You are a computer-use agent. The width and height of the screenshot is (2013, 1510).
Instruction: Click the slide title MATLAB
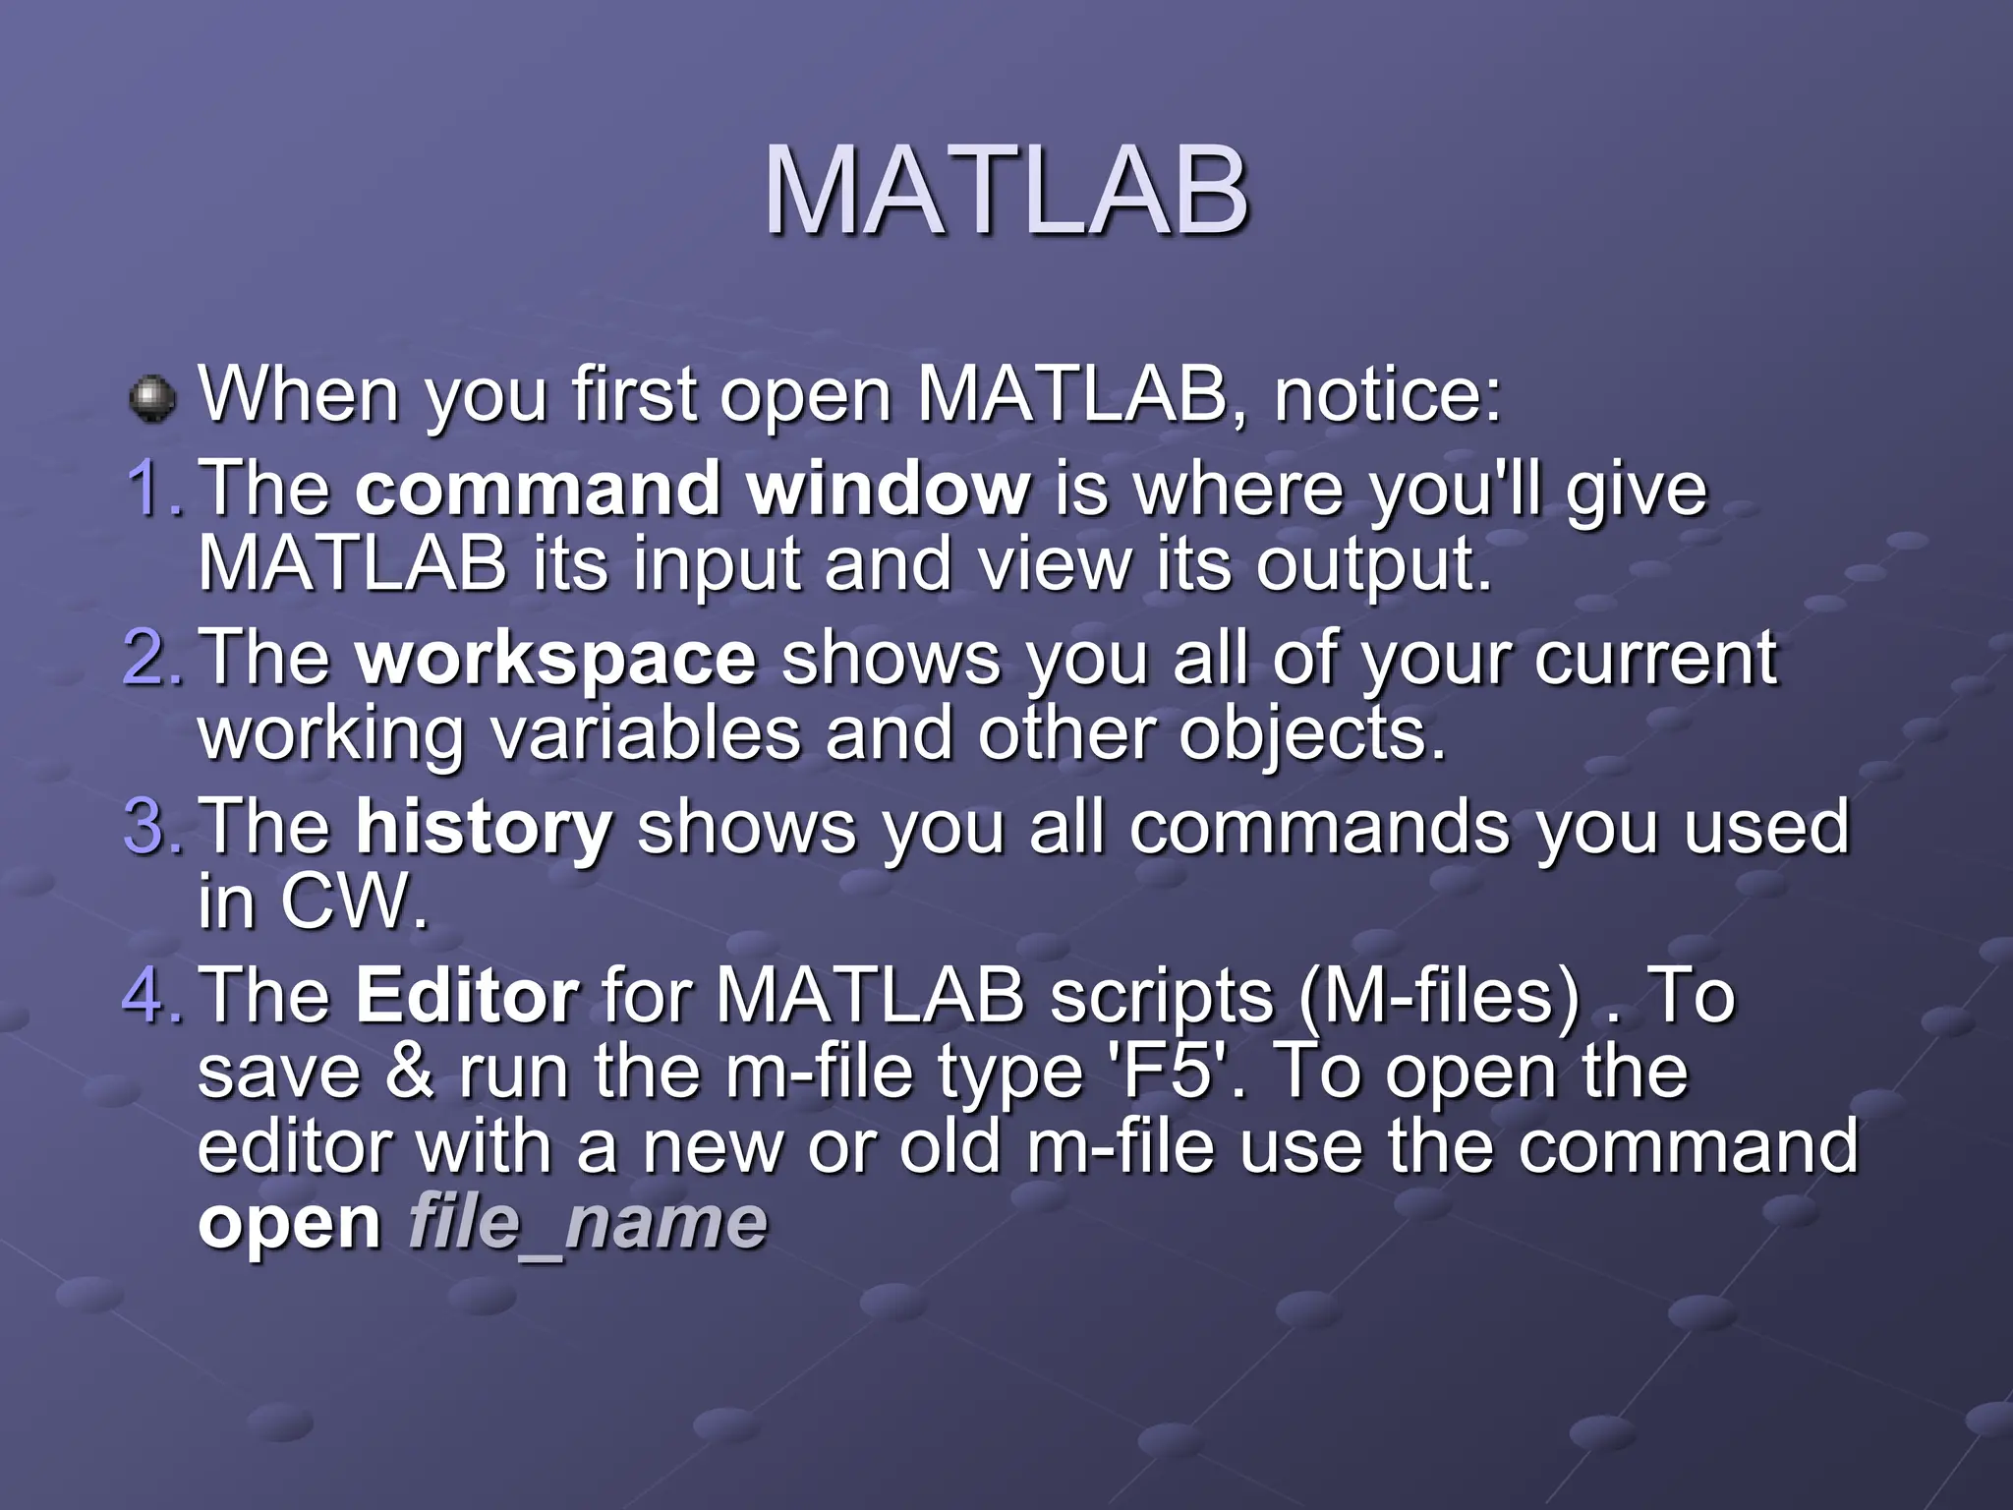[1006, 192]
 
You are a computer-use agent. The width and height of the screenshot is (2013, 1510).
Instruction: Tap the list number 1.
[152, 489]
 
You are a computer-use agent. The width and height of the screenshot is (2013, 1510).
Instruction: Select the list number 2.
[152, 658]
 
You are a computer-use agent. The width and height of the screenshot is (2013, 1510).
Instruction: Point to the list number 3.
[152, 827]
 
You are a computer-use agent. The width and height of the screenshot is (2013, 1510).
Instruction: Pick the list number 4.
[152, 995]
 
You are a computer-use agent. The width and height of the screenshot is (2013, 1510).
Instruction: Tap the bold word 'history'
[484, 829]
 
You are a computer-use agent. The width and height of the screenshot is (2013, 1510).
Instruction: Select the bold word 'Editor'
[467, 996]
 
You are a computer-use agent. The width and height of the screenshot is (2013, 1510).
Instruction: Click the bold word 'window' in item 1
[889, 489]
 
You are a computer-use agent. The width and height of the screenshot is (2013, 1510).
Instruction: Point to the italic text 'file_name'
[587, 1224]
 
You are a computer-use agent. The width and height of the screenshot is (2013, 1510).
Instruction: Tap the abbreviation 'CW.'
[355, 901]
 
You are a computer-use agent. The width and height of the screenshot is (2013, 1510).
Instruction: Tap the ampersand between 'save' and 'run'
[409, 1072]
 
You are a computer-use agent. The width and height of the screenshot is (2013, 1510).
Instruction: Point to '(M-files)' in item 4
[1438, 997]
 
